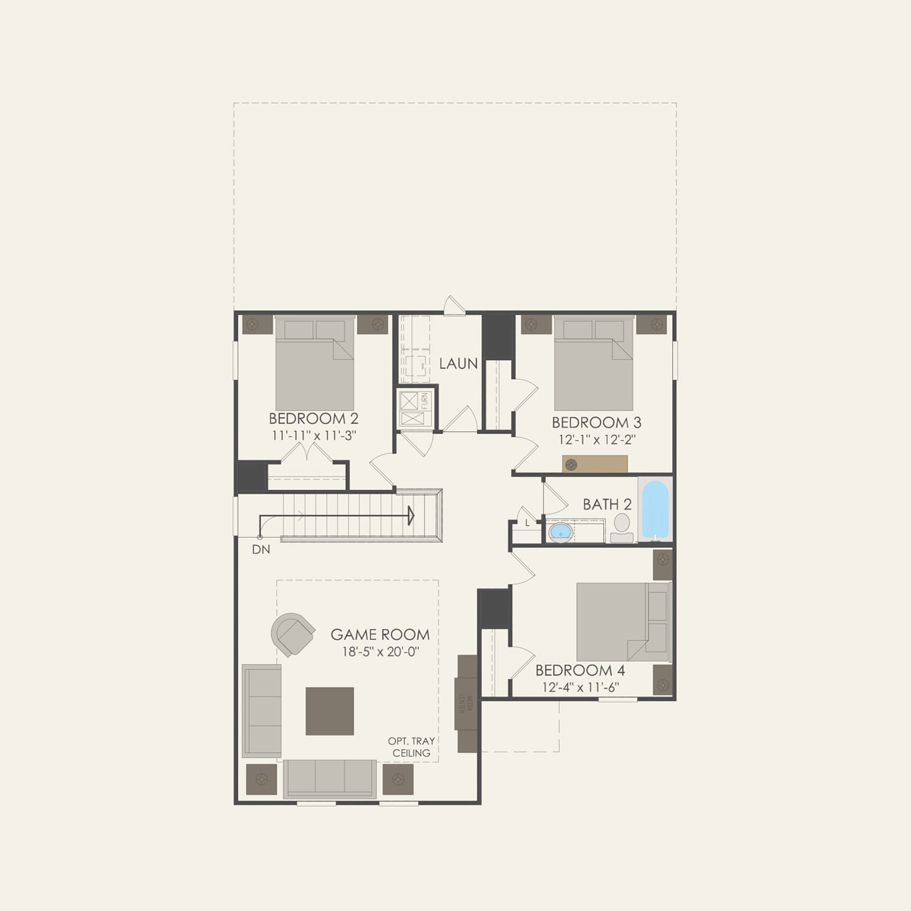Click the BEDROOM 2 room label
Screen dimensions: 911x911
click(x=314, y=419)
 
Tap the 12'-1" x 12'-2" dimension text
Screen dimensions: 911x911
click(x=596, y=439)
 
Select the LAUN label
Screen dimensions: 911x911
click(x=458, y=363)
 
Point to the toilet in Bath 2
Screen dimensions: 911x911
click(x=622, y=525)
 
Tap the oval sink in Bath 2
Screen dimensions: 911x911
click(x=561, y=531)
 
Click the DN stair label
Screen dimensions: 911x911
click(x=260, y=549)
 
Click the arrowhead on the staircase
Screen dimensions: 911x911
click(x=411, y=516)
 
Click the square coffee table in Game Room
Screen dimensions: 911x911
click(x=330, y=710)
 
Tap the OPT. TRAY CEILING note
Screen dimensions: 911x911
click(x=411, y=747)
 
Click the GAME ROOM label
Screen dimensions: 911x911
click(x=380, y=635)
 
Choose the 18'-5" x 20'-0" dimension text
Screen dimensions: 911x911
click(x=381, y=652)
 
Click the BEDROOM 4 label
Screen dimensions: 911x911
click(x=580, y=670)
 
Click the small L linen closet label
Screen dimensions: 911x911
click(x=527, y=523)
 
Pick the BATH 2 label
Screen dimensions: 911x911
click(x=607, y=505)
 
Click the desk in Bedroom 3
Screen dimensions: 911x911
click(x=595, y=464)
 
